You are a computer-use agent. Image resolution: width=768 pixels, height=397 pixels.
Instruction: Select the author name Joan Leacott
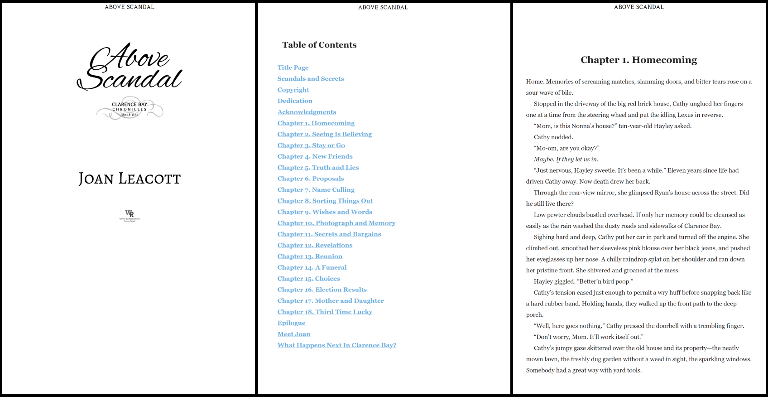pyautogui.click(x=130, y=179)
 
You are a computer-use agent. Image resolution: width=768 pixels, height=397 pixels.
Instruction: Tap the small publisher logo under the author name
pyautogui.click(x=130, y=215)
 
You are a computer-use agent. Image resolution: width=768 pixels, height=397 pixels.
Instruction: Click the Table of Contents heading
pyautogui.click(x=319, y=45)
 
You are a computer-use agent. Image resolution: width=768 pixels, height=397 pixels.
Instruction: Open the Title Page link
pyautogui.click(x=293, y=68)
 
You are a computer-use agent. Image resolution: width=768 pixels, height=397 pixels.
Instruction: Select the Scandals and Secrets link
pyautogui.click(x=311, y=79)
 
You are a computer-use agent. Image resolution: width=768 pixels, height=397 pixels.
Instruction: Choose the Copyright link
pyautogui.click(x=293, y=90)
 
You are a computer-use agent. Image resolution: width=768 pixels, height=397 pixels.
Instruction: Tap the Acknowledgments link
pyautogui.click(x=307, y=112)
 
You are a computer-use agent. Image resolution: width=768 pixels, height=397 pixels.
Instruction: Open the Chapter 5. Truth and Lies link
pyautogui.click(x=318, y=168)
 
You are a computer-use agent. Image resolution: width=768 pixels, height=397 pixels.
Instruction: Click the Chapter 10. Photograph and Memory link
pyautogui.click(x=336, y=223)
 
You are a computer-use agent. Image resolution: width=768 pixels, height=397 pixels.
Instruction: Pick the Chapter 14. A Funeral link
pyautogui.click(x=312, y=267)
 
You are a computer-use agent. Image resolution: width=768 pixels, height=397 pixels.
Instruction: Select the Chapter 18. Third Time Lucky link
pyautogui.click(x=325, y=312)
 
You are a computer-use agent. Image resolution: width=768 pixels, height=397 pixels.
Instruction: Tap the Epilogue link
pyautogui.click(x=291, y=323)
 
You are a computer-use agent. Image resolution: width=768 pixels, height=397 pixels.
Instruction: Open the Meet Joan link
pyautogui.click(x=294, y=334)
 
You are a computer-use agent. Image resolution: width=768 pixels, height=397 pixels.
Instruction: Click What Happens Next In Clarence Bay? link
pyautogui.click(x=336, y=345)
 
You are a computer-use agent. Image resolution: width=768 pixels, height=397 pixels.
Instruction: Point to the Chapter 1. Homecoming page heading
pyautogui.click(x=638, y=60)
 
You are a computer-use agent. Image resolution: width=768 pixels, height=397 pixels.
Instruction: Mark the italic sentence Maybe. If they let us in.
pyautogui.click(x=566, y=160)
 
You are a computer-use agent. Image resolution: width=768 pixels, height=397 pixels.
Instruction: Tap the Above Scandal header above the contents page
pyautogui.click(x=383, y=7)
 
